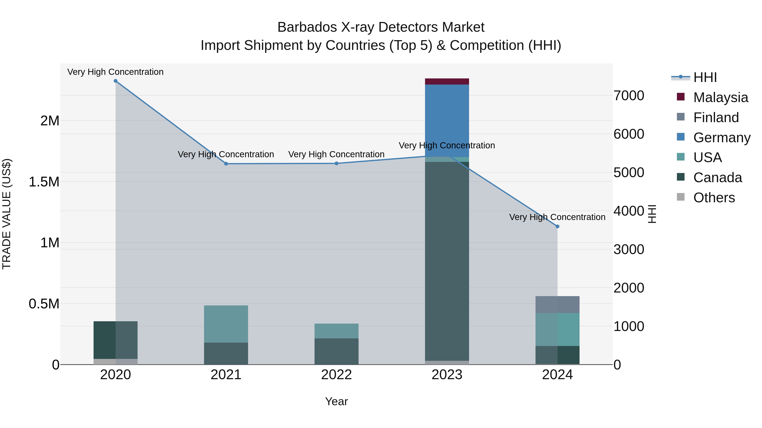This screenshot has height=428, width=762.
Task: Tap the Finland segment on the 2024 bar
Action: (557, 305)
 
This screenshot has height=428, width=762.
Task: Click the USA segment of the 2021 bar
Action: (226, 324)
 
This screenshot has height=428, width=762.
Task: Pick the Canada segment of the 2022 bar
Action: (336, 351)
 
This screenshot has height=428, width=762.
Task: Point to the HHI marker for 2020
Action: (116, 81)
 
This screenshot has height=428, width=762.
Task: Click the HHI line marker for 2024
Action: (557, 227)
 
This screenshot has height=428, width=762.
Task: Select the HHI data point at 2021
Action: (226, 164)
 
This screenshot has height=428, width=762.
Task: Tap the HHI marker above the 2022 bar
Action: (336, 163)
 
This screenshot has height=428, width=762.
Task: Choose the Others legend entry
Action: (714, 198)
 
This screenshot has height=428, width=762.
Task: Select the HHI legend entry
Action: (705, 77)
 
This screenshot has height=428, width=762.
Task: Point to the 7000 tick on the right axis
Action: (629, 96)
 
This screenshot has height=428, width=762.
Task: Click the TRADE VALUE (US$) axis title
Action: (7, 214)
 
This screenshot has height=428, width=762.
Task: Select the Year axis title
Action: (336, 401)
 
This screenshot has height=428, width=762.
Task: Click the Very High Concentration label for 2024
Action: (557, 217)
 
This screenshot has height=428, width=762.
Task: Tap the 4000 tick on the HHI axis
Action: (629, 211)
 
